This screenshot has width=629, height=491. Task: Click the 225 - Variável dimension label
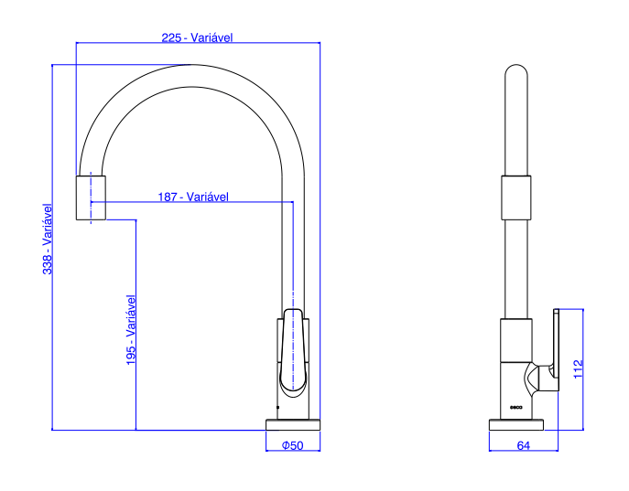click(197, 37)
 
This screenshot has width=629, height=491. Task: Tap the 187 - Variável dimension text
click(193, 197)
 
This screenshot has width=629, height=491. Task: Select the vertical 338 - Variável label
click(48, 239)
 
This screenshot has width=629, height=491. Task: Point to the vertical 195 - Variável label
click(131, 330)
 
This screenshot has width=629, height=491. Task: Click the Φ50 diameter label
click(292, 445)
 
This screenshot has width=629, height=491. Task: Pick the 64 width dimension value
click(523, 445)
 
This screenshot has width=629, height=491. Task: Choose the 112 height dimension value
click(578, 368)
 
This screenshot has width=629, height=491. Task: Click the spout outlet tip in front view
click(91, 197)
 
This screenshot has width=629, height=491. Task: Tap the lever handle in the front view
click(293, 352)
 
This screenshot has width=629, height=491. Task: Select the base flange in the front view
click(293, 425)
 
